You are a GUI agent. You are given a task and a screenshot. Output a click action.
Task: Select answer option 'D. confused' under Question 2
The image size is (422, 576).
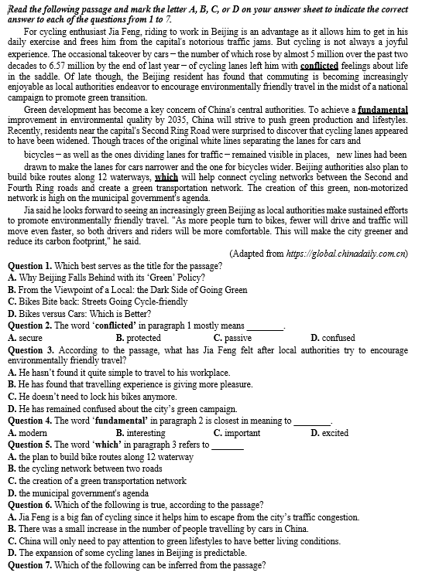pyautogui.click(x=333, y=338)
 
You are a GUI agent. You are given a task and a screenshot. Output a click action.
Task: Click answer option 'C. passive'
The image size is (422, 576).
pyautogui.click(x=232, y=338)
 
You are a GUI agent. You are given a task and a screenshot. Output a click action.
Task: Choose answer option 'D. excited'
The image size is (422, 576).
pyautogui.click(x=330, y=433)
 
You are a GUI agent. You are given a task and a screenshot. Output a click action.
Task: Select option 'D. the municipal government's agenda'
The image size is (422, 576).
pyautogui.click(x=78, y=492)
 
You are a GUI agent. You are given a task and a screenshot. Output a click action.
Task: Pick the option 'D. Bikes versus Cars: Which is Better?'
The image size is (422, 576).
pyautogui.click(x=79, y=314)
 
